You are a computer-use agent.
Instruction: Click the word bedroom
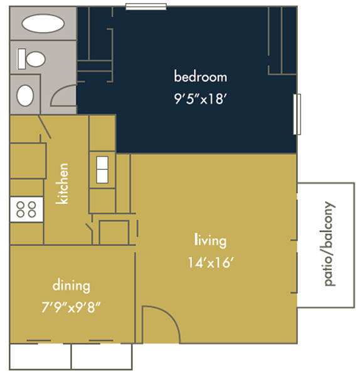[x=201, y=76]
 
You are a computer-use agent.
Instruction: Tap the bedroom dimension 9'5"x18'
[x=201, y=98]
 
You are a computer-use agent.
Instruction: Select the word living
[x=210, y=240]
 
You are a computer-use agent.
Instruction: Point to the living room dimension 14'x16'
[x=211, y=263]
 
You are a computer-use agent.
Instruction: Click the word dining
[x=71, y=285]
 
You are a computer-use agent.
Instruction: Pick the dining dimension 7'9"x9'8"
[x=71, y=307]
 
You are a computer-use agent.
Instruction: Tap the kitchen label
[x=62, y=184]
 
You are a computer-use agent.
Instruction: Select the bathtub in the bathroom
[x=43, y=24]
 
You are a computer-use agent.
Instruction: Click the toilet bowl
[x=36, y=59]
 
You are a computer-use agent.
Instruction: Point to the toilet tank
[x=21, y=59]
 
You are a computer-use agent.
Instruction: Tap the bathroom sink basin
[x=25, y=95]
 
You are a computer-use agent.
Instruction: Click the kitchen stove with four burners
[x=26, y=209]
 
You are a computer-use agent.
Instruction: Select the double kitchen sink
[x=102, y=170]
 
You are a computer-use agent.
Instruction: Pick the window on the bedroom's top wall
[x=146, y=7]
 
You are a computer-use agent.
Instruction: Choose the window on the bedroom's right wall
[x=297, y=114]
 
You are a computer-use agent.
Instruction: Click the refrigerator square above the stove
[x=28, y=161]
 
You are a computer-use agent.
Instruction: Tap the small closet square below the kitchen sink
[x=114, y=232]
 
